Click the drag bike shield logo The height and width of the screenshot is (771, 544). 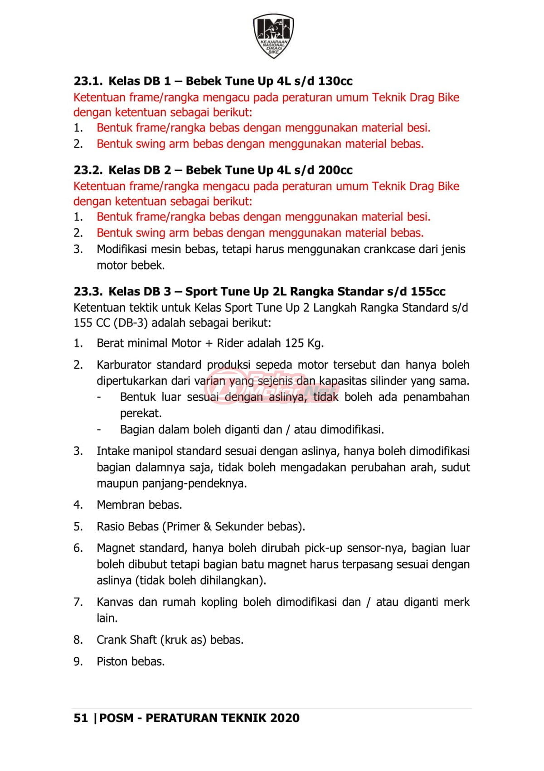pos(272,36)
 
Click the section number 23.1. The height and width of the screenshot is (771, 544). pos(88,81)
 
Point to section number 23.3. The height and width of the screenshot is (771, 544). pos(88,291)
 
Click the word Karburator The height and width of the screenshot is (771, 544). pos(124,365)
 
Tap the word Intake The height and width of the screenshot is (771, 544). pos(110,451)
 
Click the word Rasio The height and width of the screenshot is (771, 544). pos(110,526)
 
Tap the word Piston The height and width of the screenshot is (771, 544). pos(111,661)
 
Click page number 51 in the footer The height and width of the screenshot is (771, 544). pos(80,718)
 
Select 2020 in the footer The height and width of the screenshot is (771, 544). pos(285,718)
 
